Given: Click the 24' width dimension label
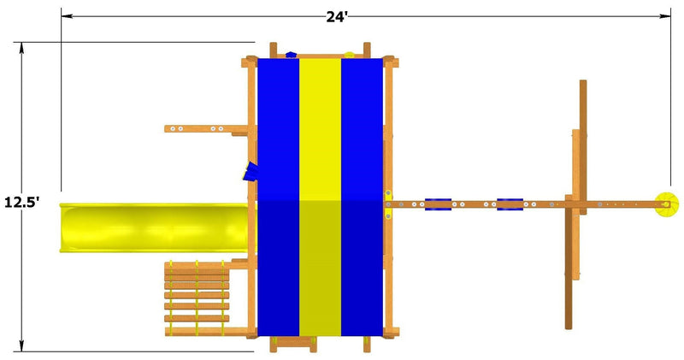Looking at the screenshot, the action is tap(337, 16).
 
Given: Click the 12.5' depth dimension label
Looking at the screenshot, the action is tap(22, 203).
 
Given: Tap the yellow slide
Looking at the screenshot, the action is tap(154, 227).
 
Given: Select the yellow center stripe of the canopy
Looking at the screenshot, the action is tap(320, 198).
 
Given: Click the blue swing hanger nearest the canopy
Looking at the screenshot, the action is tap(438, 204).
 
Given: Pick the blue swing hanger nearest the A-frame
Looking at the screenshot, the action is tap(510, 204).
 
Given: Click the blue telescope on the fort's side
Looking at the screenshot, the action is tap(251, 171).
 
